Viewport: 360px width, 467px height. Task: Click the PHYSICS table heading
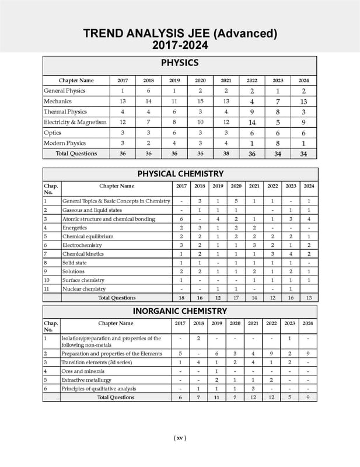(x=180, y=62)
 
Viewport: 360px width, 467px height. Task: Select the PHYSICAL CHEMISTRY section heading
(x=180, y=173)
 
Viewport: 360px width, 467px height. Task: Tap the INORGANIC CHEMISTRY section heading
(x=180, y=311)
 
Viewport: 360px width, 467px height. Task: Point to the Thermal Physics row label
(x=65, y=111)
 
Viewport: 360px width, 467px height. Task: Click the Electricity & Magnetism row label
(x=75, y=122)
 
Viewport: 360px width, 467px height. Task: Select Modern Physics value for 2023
(x=278, y=143)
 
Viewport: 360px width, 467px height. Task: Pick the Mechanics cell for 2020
(x=200, y=101)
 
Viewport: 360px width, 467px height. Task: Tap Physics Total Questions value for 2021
(x=226, y=154)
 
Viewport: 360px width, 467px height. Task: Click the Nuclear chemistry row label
(x=84, y=289)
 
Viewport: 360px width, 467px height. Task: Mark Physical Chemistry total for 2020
(x=236, y=298)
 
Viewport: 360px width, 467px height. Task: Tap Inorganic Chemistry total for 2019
(x=216, y=397)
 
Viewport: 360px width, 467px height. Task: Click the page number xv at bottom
(x=180, y=438)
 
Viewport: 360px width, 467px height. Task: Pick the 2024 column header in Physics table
(x=303, y=80)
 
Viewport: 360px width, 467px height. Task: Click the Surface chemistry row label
(x=83, y=280)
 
